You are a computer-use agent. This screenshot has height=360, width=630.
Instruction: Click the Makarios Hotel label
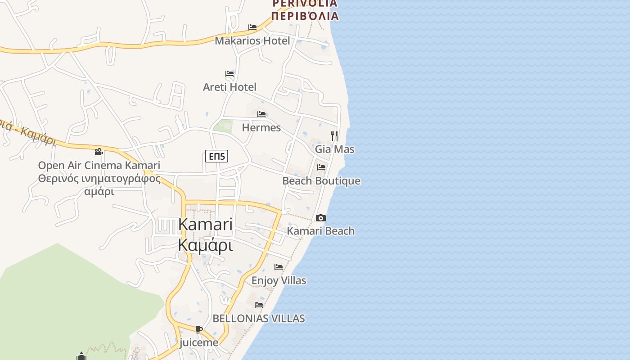pyautogui.click(x=252, y=41)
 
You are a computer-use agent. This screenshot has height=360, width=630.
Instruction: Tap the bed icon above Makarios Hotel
pyautogui.click(x=252, y=27)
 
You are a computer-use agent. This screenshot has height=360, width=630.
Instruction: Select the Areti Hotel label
pyautogui.click(x=229, y=87)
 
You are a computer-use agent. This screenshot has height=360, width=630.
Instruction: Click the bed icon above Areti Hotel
pyautogui.click(x=229, y=74)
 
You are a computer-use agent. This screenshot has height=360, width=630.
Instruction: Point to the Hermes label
pyautogui.click(x=261, y=127)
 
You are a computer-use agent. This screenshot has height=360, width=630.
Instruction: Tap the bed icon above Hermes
pyautogui.click(x=261, y=114)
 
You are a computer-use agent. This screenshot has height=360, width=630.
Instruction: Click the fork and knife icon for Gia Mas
pyautogui.click(x=334, y=135)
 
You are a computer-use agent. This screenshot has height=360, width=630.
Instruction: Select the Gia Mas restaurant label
pyautogui.click(x=334, y=149)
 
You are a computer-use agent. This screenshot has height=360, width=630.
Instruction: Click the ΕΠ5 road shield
pyautogui.click(x=216, y=156)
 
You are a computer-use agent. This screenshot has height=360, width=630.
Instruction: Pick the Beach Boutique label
pyautogui.click(x=321, y=181)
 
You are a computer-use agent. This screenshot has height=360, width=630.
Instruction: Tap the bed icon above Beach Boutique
pyautogui.click(x=321, y=167)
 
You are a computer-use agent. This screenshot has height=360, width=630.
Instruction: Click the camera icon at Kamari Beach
pyautogui.click(x=321, y=218)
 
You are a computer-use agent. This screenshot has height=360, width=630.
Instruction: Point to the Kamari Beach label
pyautogui.click(x=321, y=231)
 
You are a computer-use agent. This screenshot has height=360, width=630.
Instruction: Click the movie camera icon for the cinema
pyautogui.click(x=99, y=152)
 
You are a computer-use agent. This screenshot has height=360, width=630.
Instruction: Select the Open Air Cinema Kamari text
pyautogui.click(x=99, y=166)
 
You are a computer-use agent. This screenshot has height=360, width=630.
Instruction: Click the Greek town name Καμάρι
pyautogui.click(x=206, y=246)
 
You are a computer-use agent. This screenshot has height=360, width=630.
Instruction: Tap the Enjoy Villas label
pyautogui.click(x=279, y=281)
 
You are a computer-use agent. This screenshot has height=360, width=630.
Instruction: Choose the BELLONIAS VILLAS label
pyautogui.click(x=258, y=319)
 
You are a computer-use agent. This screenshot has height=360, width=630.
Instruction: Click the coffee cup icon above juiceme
pyautogui.click(x=199, y=329)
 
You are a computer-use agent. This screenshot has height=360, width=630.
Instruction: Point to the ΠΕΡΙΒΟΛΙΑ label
pyautogui.click(x=305, y=16)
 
